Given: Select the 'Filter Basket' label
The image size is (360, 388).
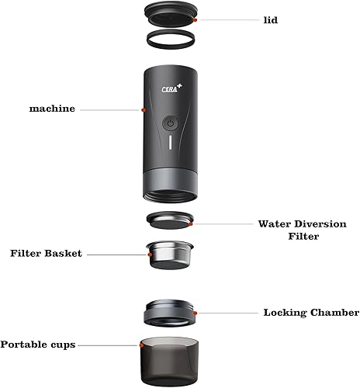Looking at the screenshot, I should pyautogui.click(x=46, y=254).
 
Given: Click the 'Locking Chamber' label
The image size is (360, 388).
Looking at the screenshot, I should pyautogui.click(x=311, y=314).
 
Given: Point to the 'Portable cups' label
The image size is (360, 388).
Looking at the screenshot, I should pyautogui.click(x=38, y=345).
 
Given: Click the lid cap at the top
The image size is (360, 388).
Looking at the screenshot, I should pyautogui.click(x=171, y=12).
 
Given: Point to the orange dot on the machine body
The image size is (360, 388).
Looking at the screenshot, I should pyautogui.click(x=144, y=110).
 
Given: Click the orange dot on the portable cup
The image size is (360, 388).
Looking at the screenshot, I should pyautogui.click(x=140, y=344).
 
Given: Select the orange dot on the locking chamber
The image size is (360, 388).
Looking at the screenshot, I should pyautogui.click(x=196, y=314).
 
